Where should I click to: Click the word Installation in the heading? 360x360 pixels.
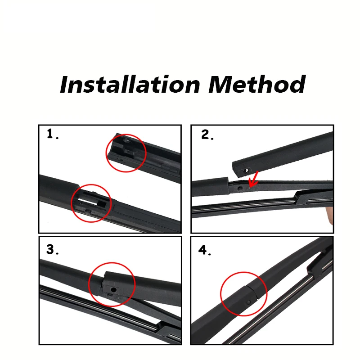[130, 84]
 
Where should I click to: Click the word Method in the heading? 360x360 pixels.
[257, 84]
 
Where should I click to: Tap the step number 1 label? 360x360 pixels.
[53, 134]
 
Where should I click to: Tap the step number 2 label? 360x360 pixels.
[207, 135]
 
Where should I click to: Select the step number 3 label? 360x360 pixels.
[53, 249]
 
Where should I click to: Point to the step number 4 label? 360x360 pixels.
[205, 250]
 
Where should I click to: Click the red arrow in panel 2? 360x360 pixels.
[253, 179]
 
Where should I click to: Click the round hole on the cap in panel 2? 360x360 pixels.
[246, 171]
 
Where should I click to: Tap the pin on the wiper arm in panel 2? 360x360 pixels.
[240, 189]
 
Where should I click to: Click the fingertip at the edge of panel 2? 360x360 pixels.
[330, 215]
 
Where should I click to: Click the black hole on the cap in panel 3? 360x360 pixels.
[113, 290]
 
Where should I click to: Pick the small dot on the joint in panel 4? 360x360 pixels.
[249, 302]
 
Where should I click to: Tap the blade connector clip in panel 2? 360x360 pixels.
[312, 197]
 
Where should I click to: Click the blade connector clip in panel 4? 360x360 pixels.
[319, 262]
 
